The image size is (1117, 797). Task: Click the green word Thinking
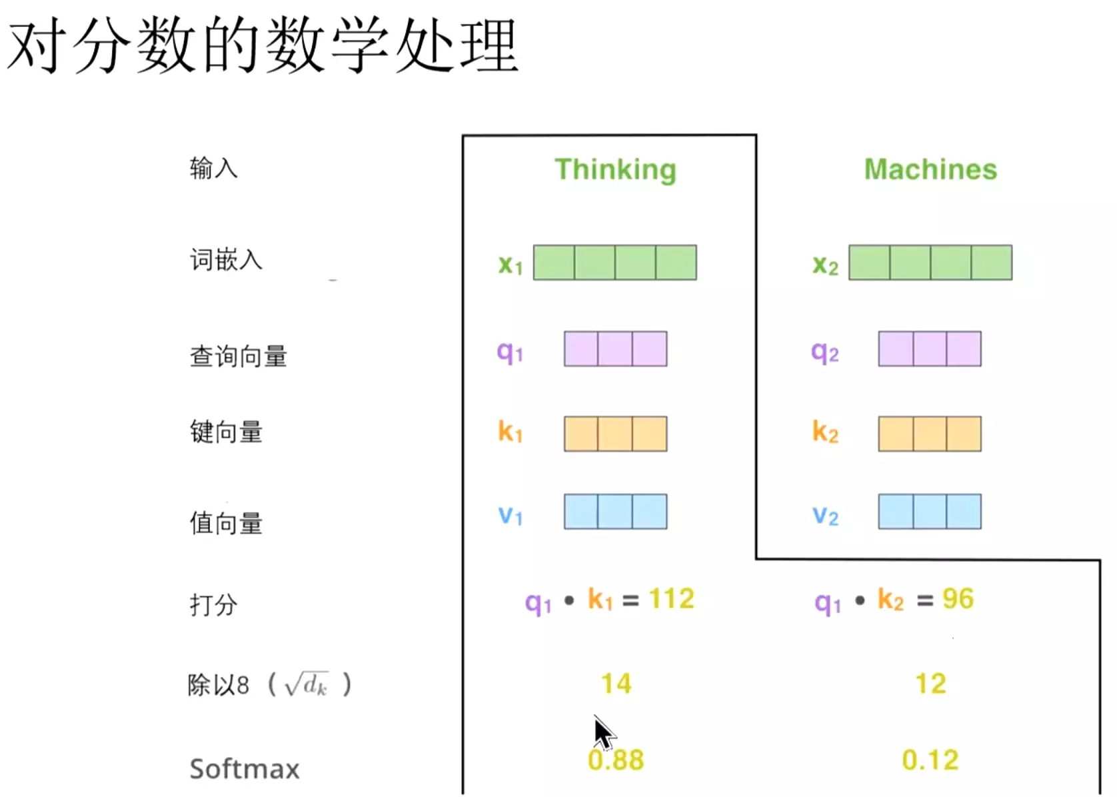[615, 170]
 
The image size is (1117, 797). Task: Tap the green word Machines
[930, 170]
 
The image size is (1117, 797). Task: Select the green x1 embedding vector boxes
[614, 263]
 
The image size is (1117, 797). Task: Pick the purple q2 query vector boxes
[929, 349]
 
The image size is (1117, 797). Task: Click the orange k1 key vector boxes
[615, 434]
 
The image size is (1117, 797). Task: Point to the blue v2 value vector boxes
[929, 512]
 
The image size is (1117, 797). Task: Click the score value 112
[672, 599]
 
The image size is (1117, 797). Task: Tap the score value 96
[958, 599]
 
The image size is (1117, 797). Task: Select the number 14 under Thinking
[616, 684]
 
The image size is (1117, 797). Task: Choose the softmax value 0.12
[930, 760]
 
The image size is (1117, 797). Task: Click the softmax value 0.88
[616, 760]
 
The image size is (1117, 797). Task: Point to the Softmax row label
[245, 769]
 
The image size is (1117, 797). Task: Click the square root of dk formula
[307, 684]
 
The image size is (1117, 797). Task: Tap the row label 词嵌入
[226, 259]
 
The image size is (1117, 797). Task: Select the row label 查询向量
[238, 357]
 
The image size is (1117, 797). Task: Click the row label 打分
[213, 604]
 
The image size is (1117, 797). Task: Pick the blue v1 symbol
[511, 514]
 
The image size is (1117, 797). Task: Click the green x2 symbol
[825, 265]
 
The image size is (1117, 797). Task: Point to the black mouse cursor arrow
[603, 733]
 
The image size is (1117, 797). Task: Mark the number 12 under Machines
[930, 684]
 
